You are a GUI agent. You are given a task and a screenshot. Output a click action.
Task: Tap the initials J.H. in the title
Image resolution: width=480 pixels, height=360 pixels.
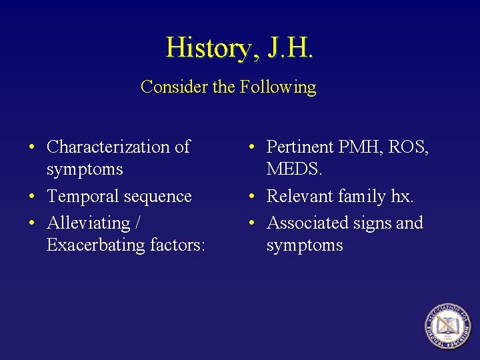(289, 47)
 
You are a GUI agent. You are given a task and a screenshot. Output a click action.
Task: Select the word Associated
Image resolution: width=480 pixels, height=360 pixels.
(307, 223)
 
